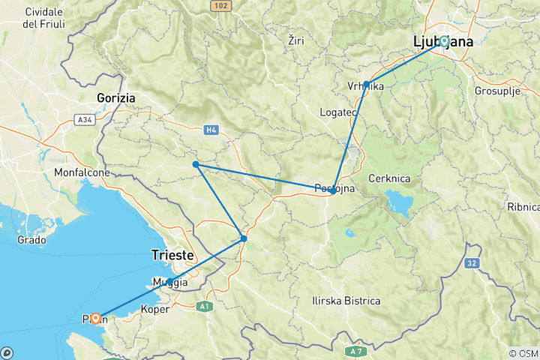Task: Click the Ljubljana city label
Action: [x=443, y=42]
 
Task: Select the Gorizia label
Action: [x=115, y=97]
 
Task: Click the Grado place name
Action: [x=31, y=241]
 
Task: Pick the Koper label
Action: [x=154, y=308]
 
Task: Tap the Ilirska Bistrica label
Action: [x=346, y=301]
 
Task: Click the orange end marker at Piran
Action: [x=95, y=318]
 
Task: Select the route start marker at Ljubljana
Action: [x=444, y=41]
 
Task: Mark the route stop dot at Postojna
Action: [x=333, y=190]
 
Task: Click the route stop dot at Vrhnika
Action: [x=367, y=84]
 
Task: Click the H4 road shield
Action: [x=211, y=130]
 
